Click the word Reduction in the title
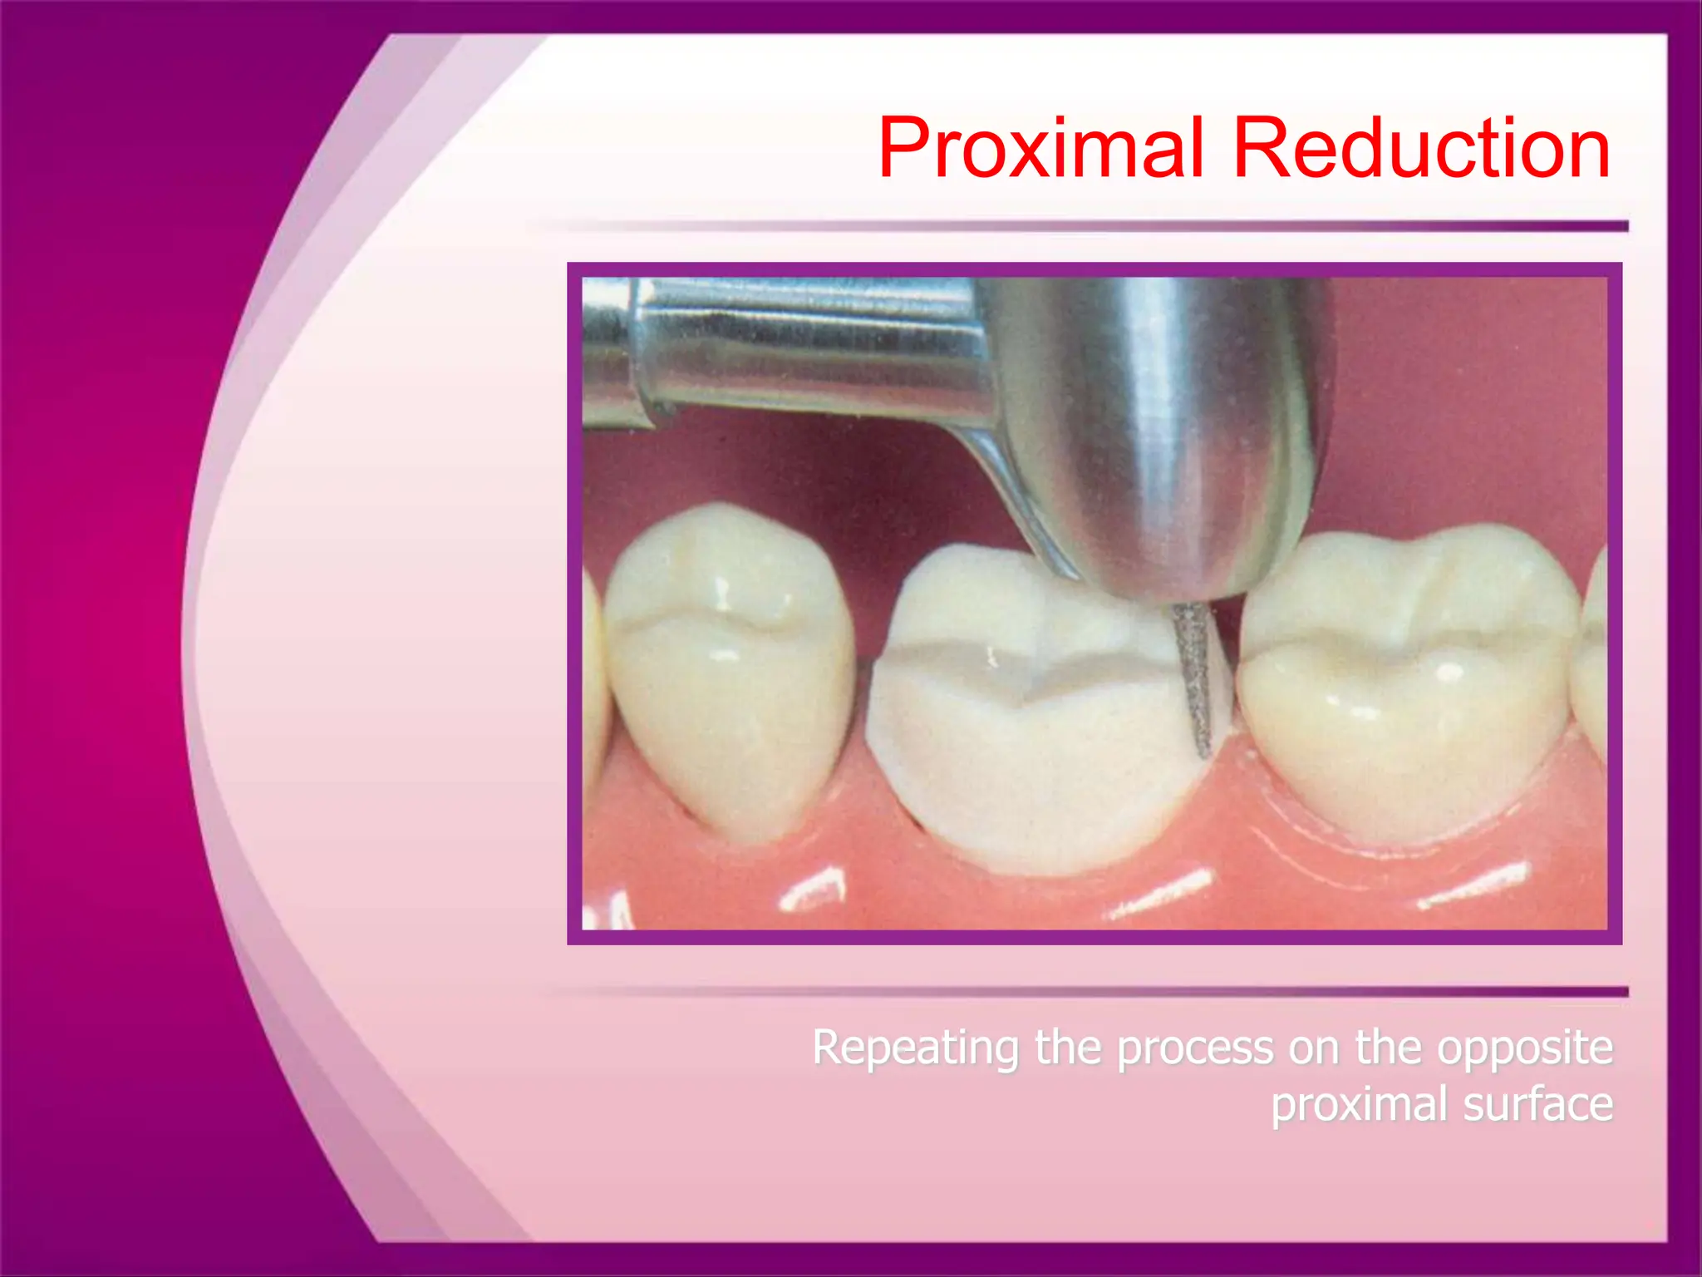coord(1421,150)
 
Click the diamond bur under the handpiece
coord(1194,678)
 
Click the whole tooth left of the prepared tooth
coord(731,665)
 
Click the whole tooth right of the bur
coord(1404,682)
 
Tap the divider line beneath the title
coord(1080,226)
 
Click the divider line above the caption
coord(1080,992)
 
